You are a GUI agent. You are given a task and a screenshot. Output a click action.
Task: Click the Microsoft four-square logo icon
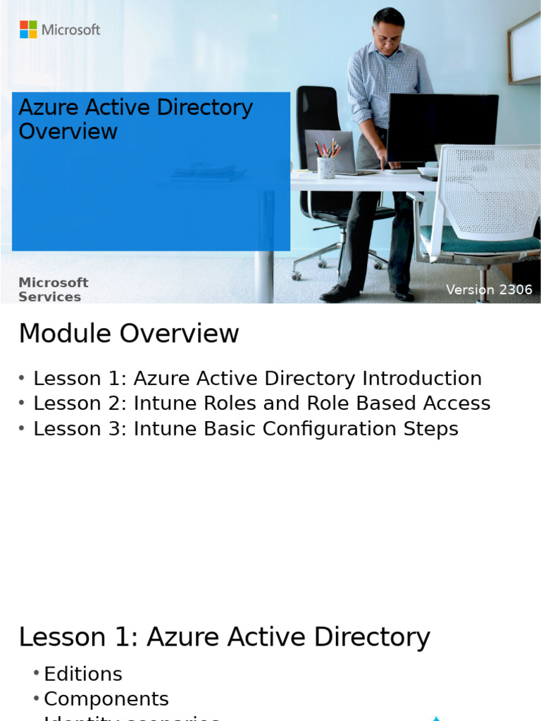[28, 30]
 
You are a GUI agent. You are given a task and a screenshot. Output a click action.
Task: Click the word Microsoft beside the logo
[70, 30]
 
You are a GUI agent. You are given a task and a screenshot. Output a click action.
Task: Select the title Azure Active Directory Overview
[135, 119]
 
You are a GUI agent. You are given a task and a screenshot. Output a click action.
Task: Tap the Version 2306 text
[489, 290]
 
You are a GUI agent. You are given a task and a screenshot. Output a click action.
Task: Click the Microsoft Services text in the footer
[53, 289]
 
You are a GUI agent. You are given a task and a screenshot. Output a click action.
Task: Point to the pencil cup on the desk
[326, 166]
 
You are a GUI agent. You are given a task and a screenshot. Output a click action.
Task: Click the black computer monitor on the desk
[442, 127]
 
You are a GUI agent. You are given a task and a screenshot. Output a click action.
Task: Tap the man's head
[388, 27]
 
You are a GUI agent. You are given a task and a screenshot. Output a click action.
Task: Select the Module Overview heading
[129, 334]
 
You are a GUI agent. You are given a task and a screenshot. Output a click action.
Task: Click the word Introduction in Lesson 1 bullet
[422, 379]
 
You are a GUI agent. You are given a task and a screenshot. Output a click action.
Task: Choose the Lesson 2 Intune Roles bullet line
[261, 403]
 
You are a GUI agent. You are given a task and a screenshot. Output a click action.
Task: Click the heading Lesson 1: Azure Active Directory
[224, 637]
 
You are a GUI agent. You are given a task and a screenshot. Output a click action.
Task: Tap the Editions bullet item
[82, 674]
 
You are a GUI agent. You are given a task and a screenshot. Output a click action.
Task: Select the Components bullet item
[106, 699]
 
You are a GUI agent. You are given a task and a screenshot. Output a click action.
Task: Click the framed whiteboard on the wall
[525, 49]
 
